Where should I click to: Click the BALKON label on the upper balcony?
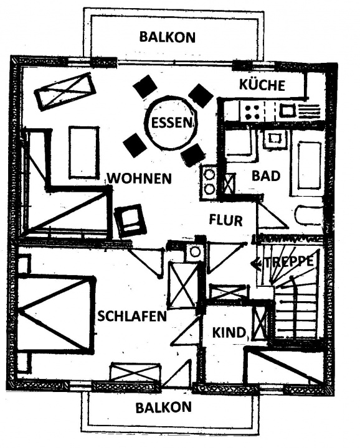pyautogui.click(x=168, y=37)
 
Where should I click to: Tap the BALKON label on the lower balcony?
pyautogui.click(x=164, y=408)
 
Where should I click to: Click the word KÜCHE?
pyautogui.click(x=262, y=85)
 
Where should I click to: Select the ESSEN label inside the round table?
pyautogui.click(x=171, y=123)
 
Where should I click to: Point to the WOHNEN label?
pyautogui.click(x=140, y=179)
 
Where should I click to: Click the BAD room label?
pyautogui.click(x=265, y=176)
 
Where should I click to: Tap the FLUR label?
pyautogui.click(x=226, y=220)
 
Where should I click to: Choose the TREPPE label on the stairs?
pyautogui.click(x=289, y=262)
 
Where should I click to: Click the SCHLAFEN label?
pyautogui.click(x=132, y=316)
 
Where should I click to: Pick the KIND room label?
pyautogui.click(x=229, y=332)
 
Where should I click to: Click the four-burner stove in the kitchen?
pyautogui.click(x=252, y=112)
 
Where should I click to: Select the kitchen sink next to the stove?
pyautogui.click(x=287, y=110)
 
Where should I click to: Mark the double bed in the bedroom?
pyautogui.click(x=56, y=314)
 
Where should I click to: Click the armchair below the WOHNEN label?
pyautogui.click(x=130, y=220)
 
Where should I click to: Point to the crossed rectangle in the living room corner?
pyautogui.click(x=65, y=91)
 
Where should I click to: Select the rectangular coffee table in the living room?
pyautogui.click(x=84, y=152)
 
